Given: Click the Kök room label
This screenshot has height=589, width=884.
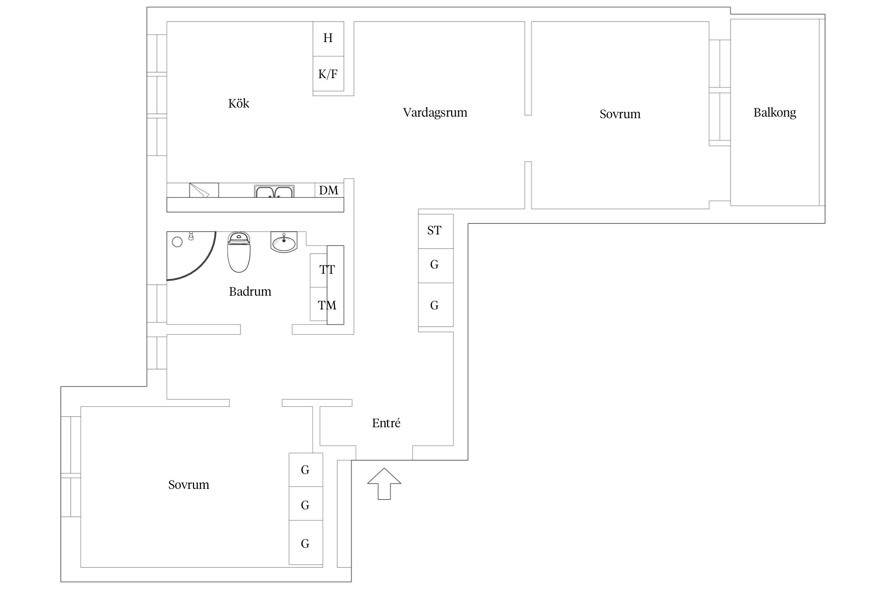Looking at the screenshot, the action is pyautogui.click(x=238, y=103).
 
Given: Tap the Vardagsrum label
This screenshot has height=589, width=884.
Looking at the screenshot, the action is pyautogui.click(x=435, y=113).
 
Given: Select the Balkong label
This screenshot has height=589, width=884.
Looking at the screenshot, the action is pyautogui.click(x=775, y=113).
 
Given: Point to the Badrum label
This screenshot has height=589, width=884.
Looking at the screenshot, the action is pyautogui.click(x=250, y=291).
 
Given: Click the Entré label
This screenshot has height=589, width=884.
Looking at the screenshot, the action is pyautogui.click(x=386, y=423).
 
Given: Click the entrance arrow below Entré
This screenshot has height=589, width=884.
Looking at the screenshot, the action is pyautogui.click(x=384, y=484).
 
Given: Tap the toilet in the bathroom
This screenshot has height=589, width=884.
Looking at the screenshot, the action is pyautogui.click(x=239, y=252).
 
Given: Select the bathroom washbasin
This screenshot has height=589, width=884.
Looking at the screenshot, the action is pyautogui.click(x=284, y=241).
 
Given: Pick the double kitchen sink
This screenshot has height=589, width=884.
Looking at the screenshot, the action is pyautogui.click(x=274, y=191).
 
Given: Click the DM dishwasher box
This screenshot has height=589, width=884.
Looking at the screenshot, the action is pyautogui.click(x=329, y=190).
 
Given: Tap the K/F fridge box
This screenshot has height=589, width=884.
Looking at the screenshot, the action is pyautogui.click(x=328, y=74).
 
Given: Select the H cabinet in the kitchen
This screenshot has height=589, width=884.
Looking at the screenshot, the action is pyautogui.click(x=328, y=38).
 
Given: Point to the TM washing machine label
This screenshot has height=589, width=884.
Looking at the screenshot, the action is pyautogui.click(x=327, y=305).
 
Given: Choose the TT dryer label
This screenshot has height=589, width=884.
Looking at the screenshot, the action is pyautogui.click(x=327, y=270).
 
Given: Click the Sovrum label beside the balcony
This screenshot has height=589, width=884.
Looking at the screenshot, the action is pyautogui.click(x=620, y=114).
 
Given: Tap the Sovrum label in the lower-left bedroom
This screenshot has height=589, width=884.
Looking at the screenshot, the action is pyautogui.click(x=189, y=485).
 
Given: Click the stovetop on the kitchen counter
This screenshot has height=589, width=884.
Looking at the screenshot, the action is pyautogui.click(x=204, y=190).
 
